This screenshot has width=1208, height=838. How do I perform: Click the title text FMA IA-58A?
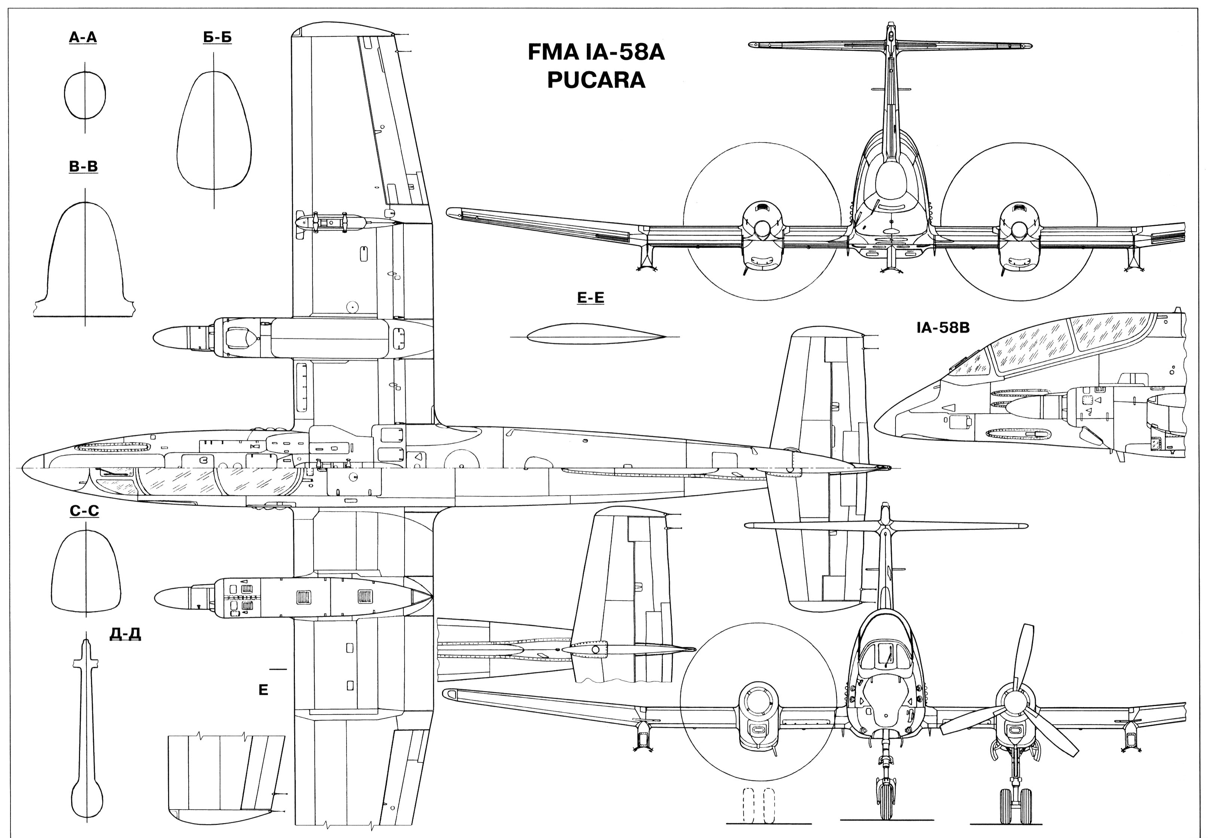coord(596,52)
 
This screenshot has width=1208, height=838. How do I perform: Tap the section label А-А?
coord(83,37)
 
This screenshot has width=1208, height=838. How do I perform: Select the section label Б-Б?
coord(217,37)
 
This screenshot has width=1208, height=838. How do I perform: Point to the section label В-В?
coord(83,166)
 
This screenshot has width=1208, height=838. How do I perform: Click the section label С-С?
coord(84,511)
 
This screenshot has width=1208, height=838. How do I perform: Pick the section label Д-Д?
coord(125,634)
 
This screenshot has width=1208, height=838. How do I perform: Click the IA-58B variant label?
coord(943,328)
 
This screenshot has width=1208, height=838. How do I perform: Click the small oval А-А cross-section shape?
coord(85,95)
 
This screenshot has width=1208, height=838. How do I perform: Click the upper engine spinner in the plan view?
coord(171,337)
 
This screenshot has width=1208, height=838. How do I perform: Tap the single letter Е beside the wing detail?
coord(263,690)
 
